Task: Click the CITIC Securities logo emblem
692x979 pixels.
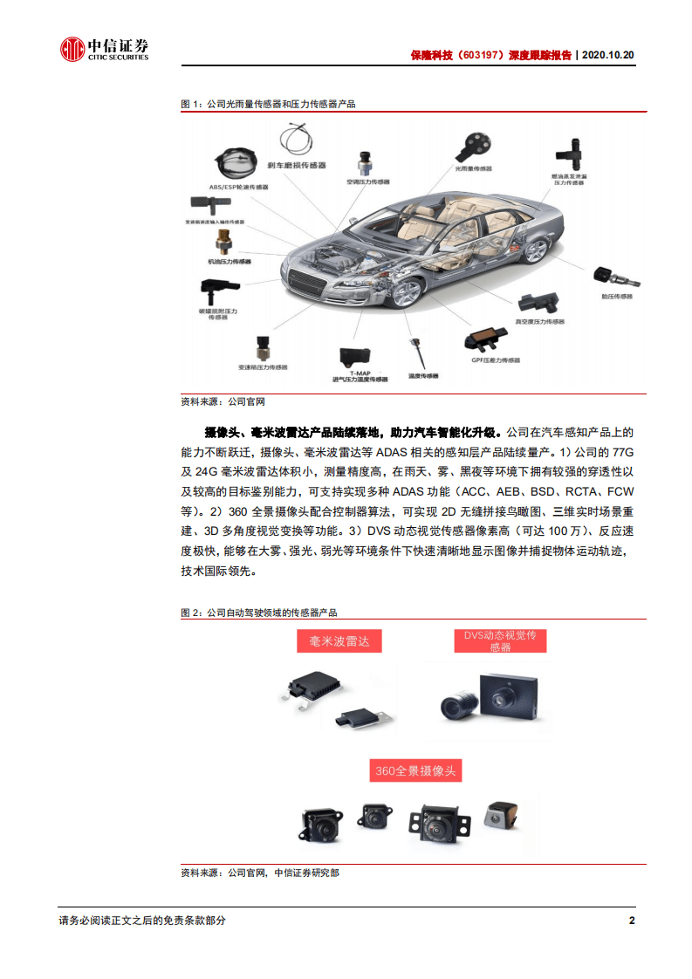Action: coord(72,50)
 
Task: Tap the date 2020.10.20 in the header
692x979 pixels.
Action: coord(607,54)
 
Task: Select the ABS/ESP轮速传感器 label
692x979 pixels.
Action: coord(235,186)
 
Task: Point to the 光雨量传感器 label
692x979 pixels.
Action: coord(473,168)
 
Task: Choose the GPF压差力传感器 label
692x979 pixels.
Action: coord(495,360)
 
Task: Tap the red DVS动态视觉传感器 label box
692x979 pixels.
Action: coord(500,641)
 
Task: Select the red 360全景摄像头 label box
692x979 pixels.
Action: coord(415,771)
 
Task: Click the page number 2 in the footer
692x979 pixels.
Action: coord(632,921)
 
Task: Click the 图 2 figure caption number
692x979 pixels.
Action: coord(189,613)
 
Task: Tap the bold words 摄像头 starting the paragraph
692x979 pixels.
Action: coord(218,432)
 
